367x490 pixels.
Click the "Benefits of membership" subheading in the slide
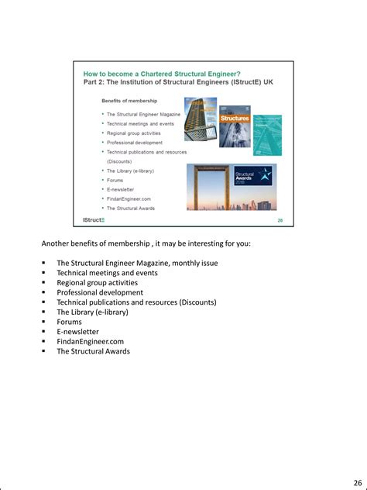point(129,101)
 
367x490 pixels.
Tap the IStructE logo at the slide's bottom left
point(94,220)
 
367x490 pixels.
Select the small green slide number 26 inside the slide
point(280,221)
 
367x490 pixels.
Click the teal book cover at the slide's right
point(268,135)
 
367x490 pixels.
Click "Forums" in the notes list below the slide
point(69,322)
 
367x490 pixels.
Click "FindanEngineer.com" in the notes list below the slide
point(90,341)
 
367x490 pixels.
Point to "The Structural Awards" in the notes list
point(93,351)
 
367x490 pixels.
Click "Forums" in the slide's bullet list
point(115,180)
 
